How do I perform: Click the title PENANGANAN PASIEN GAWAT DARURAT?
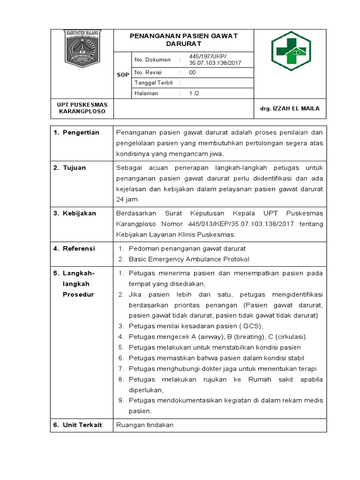point(183,40)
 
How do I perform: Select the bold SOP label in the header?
point(123,75)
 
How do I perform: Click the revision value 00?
point(193,73)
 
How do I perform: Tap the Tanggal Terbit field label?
point(154,83)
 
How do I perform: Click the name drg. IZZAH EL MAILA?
point(290,108)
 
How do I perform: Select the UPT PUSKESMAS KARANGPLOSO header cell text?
point(82,108)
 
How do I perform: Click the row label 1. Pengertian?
point(76,133)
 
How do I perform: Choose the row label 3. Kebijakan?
point(75,213)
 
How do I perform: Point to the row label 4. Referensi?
point(74,248)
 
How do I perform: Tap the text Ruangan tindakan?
point(145,425)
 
